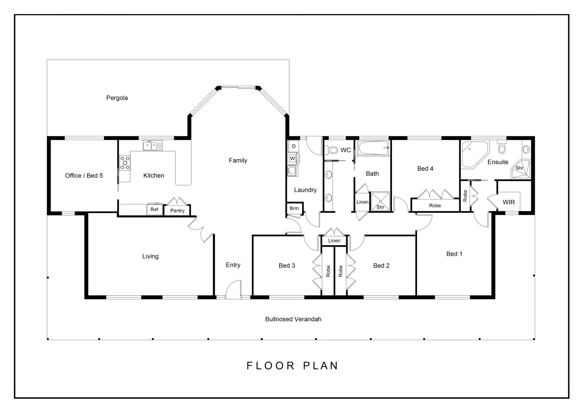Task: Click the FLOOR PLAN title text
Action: pos(292,366)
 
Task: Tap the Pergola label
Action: pos(117,98)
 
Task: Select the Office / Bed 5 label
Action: pos(84,175)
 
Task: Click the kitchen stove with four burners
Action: pos(125,162)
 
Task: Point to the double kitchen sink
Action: pos(152,145)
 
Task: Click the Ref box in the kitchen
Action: pos(154,209)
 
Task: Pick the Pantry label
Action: pos(177,210)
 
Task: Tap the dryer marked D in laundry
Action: pos(293,146)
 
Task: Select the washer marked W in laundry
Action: pos(293,158)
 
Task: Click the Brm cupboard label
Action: pos(294,208)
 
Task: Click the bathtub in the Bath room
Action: pos(373,148)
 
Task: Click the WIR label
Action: pos(508,202)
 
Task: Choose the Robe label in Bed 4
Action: pos(435,205)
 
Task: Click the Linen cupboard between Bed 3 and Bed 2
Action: pos(334,241)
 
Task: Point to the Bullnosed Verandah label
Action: pos(293,319)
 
